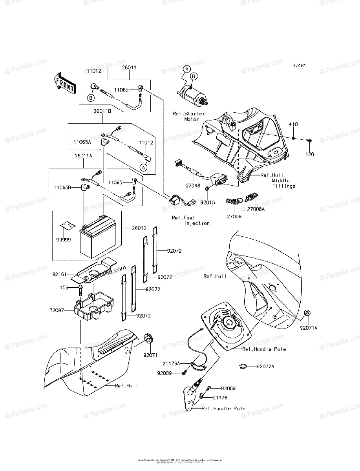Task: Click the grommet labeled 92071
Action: pyautogui.click(x=149, y=338)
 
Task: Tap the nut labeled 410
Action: pyautogui.click(x=294, y=138)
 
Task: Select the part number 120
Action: pyautogui.click(x=310, y=154)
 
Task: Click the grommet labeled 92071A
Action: pyautogui.click(x=308, y=314)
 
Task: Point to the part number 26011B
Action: pyautogui.click(x=102, y=111)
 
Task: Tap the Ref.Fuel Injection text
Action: pyautogui.click(x=191, y=220)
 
